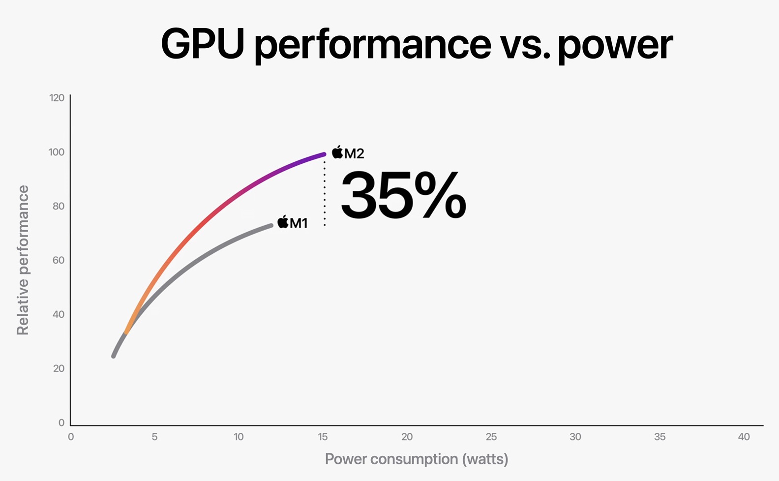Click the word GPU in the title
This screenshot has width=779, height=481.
[x=202, y=44]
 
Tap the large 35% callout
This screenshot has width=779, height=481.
[x=403, y=195]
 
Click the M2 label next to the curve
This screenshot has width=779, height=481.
[x=354, y=153]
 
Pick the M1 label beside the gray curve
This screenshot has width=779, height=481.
[x=299, y=223]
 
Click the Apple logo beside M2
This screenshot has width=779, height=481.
[x=337, y=152]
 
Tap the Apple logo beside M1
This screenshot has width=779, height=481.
[x=283, y=222]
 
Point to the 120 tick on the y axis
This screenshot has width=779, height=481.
[x=57, y=98]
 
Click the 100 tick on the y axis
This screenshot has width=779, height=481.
[x=57, y=152]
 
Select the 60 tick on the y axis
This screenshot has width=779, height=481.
[x=59, y=260]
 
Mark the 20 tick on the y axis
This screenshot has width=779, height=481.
[x=59, y=368]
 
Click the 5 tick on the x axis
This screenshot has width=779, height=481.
[x=154, y=437]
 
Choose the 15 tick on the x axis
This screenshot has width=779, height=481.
[x=323, y=437]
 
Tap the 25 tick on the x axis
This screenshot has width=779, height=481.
[x=491, y=437]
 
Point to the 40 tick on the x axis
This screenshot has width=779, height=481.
[x=744, y=437]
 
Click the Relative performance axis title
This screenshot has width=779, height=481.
[x=23, y=260]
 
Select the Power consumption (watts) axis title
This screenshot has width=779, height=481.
[x=417, y=459]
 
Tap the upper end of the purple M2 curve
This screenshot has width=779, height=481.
[x=324, y=154]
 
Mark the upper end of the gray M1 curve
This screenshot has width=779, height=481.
[x=271, y=225]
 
